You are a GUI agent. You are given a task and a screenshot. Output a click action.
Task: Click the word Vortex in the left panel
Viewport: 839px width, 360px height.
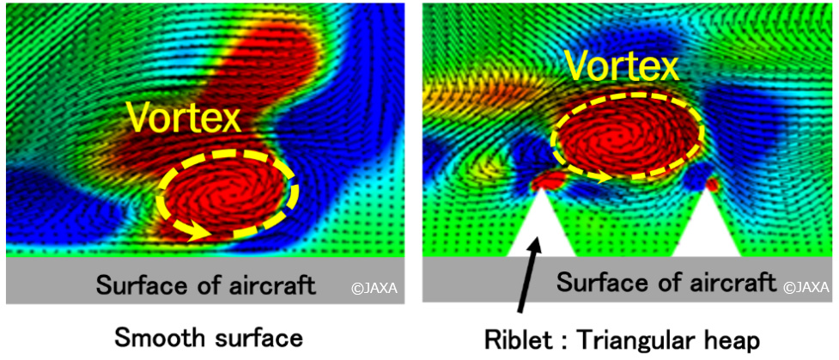(x=184, y=118)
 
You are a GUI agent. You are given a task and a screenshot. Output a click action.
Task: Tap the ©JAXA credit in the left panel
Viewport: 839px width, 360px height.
(x=375, y=289)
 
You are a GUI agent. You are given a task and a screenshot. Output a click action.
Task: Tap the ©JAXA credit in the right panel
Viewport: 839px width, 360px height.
(x=806, y=288)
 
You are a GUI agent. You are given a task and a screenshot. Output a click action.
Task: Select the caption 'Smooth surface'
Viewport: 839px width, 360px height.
(x=209, y=339)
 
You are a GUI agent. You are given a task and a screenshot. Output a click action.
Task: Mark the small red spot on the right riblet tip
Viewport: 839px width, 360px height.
(x=712, y=184)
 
